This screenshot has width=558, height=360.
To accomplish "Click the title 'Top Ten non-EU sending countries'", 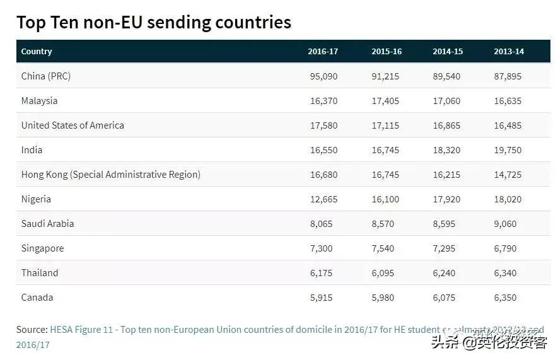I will tap(153, 22).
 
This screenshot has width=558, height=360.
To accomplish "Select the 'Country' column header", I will tap(37, 52).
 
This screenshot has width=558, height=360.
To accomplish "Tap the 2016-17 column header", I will tap(323, 52).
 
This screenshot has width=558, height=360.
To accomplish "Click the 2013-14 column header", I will tap(508, 52).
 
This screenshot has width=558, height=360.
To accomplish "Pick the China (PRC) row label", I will tap(46, 76).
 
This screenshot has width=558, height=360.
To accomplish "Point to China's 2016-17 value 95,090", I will tap(323, 76).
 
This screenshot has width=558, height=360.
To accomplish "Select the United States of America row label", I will tap(73, 125).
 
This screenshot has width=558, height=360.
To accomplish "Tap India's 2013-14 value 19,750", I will tap(508, 150).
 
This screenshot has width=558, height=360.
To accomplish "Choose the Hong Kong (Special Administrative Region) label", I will tap(111, 175).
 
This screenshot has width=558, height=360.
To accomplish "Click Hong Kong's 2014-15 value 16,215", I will tap(446, 175).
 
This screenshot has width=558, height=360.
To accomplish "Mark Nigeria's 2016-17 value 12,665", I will tap(323, 199).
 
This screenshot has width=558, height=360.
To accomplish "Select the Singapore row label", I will tap(42, 248).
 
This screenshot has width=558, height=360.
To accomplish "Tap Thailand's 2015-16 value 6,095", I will tap(383, 273).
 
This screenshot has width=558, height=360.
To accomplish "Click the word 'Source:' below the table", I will tap(32, 330).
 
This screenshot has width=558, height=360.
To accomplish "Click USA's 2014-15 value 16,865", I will tap(446, 125).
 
